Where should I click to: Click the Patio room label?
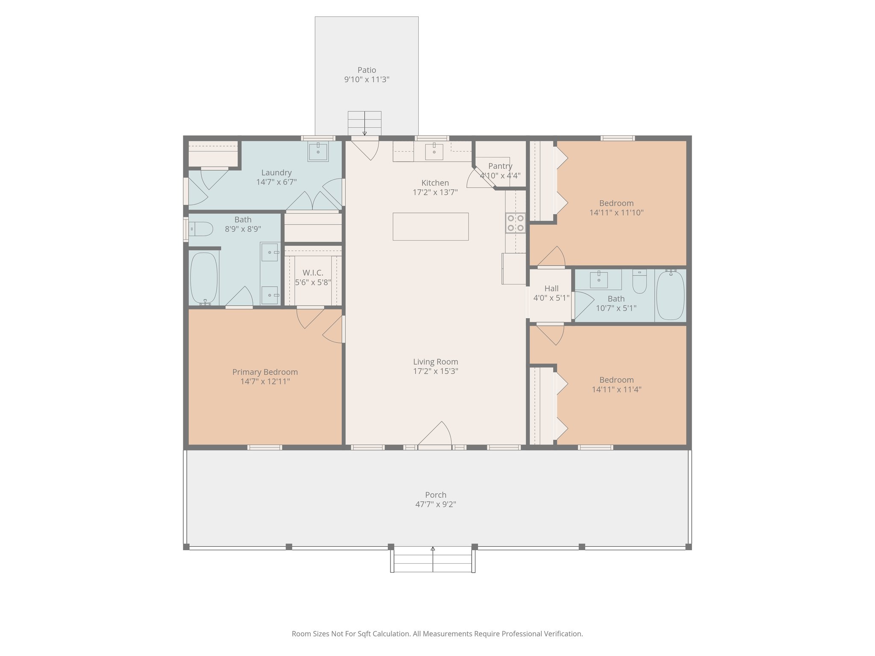click(367, 70)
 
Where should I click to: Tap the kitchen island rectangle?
click(430, 226)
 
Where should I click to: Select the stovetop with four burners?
click(515, 223)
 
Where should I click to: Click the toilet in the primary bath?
click(201, 229)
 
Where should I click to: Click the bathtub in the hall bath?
click(670, 295)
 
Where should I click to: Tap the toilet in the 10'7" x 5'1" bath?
click(639, 281)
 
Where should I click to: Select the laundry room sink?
click(318, 152)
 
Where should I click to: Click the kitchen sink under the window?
click(434, 152)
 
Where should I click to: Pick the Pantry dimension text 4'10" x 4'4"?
click(500, 176)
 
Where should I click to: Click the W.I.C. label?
click(313, 273)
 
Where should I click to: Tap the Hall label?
click(551, 288)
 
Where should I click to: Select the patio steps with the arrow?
click(364, 123)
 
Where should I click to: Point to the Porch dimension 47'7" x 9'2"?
click(435, 504)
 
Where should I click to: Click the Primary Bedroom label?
click(265, 372)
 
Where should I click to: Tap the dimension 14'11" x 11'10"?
click(616, 213)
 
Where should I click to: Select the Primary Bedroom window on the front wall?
click(264, 447)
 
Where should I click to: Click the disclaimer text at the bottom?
click(437, 634)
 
